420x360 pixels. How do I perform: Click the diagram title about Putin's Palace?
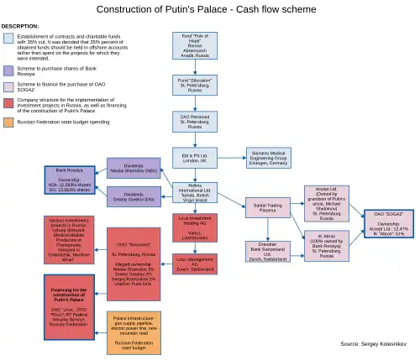(210, 9)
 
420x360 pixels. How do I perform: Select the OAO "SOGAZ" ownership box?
(389, 226)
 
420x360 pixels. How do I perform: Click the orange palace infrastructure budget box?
(134, 332)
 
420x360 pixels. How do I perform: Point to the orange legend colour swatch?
(8, 121)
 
